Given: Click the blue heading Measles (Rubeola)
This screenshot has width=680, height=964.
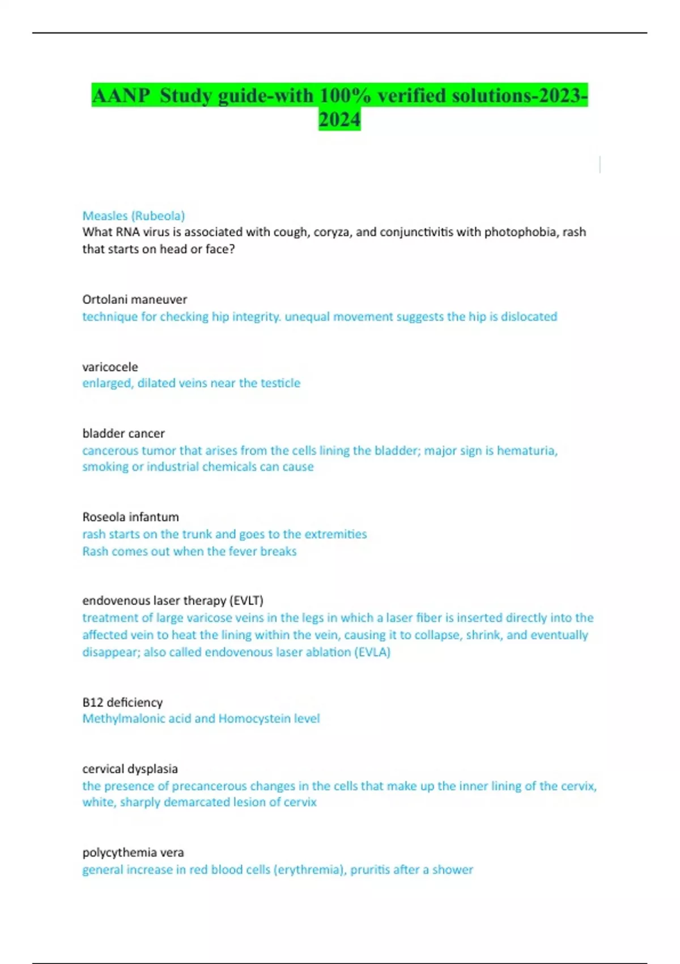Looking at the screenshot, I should coord(134,216).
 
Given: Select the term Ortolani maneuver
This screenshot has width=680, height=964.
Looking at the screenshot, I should coord(134,299).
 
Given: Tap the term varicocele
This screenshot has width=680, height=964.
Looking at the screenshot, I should coord(110,367).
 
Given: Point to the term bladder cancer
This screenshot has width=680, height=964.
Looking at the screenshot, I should coord(124,433).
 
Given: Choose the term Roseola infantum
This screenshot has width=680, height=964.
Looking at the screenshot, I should coord(130,517).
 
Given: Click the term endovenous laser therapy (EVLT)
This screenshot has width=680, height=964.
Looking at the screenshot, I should coord(173,601).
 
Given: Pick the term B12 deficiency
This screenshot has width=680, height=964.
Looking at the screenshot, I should coord(122,702).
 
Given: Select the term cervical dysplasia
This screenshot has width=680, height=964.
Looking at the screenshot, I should coord(130,769).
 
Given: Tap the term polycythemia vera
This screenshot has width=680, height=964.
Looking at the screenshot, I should coord(133,852).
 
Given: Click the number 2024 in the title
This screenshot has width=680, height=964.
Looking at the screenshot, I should coord(339,120).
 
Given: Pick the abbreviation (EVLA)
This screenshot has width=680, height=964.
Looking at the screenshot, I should coord(372,652).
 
